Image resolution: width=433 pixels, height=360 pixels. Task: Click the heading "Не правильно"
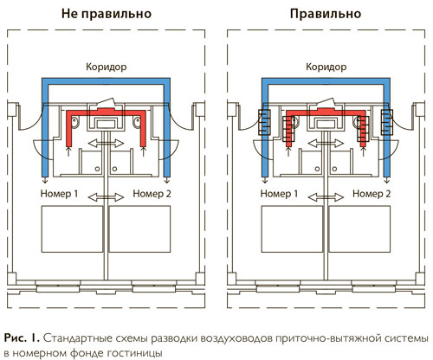(107, 14)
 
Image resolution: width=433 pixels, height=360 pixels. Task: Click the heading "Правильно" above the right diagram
(326, 14)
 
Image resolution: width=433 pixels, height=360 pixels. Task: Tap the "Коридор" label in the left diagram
(107, 67)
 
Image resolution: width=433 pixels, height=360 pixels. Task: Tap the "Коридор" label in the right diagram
(326, 67)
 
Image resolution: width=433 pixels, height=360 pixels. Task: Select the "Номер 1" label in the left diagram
(59, 194)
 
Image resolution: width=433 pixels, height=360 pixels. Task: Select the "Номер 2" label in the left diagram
(152, 194)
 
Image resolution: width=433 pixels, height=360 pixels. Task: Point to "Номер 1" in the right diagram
(279, 194)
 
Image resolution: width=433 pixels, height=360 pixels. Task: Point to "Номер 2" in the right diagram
(372, 194)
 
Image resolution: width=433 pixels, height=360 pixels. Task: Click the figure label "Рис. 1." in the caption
(22, 338)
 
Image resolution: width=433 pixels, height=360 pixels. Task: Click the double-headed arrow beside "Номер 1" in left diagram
(106, 197)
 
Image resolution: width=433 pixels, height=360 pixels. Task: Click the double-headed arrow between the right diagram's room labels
(326, 197)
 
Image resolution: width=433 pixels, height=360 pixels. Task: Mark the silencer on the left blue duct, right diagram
(264, 122)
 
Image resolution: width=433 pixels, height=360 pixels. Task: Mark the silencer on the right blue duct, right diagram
(387, 122)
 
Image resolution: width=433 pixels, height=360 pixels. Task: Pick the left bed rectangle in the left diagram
(72, 229)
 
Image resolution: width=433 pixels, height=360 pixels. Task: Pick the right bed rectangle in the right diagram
(359, 229)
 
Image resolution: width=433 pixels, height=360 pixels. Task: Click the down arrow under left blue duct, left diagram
(45, 181)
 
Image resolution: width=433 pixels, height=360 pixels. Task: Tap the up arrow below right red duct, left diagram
(144, 151)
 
